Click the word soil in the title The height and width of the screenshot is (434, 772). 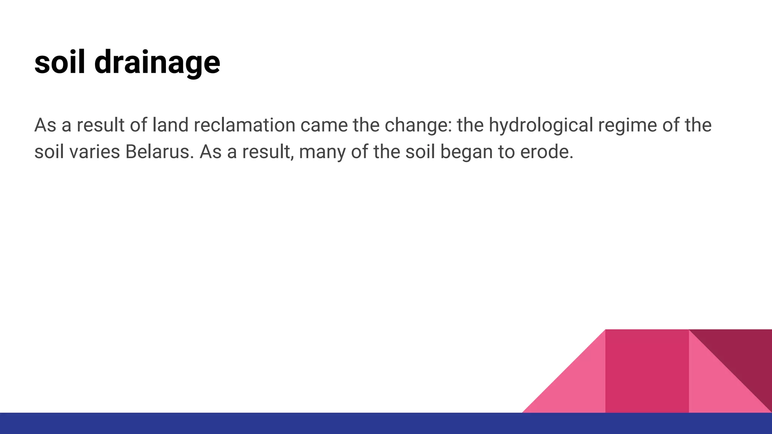point(60,62)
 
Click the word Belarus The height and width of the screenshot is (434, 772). point(158,152)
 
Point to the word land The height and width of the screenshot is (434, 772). point(170,125)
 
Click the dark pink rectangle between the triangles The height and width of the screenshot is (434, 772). point(647,371)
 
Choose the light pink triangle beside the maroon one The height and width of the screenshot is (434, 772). point(716,392)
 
